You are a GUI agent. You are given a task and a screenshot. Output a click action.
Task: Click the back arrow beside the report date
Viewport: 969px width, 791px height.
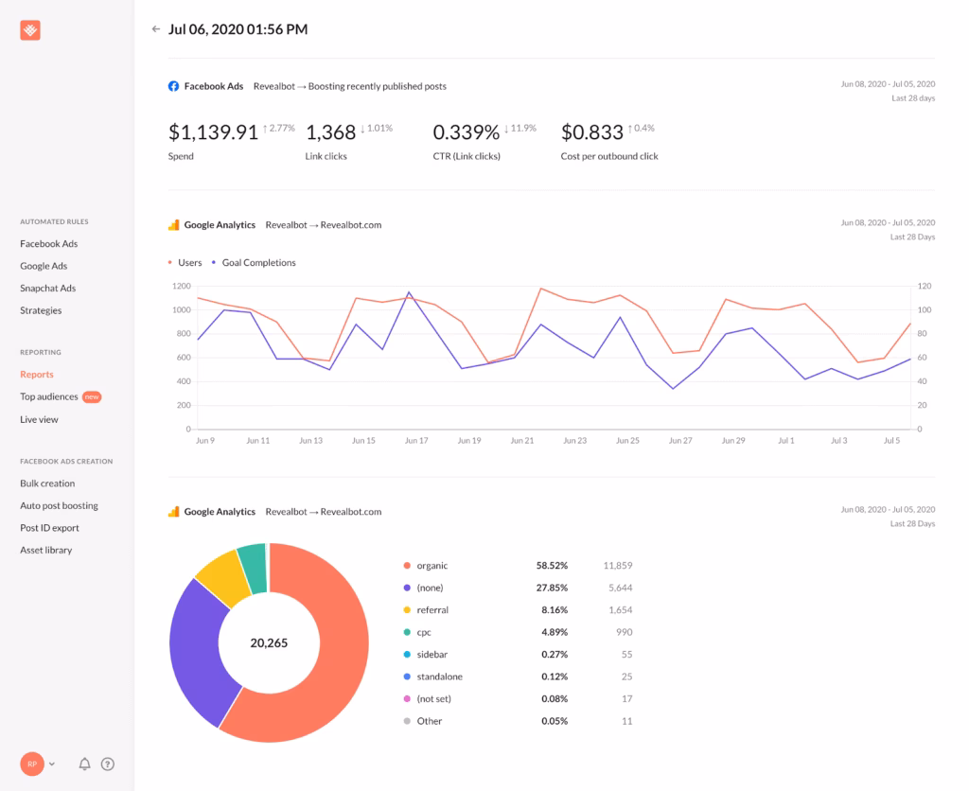pos(156,29)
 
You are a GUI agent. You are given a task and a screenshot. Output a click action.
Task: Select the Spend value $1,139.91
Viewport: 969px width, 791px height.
pos(213,132)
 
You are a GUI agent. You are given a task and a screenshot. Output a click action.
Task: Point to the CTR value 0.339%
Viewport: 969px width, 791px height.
pos(465,132)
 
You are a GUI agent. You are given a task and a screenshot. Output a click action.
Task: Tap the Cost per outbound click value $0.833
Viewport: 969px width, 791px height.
pos(592,132)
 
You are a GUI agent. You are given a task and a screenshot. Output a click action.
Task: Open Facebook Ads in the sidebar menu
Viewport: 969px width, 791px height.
pos(48,244)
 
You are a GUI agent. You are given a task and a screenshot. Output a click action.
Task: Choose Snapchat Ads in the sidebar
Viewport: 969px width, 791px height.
pos(47,289)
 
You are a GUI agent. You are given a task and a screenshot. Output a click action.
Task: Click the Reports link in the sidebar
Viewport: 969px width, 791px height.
pos(37,375)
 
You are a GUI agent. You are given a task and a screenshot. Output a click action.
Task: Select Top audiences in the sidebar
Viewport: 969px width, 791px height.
pos(49,396)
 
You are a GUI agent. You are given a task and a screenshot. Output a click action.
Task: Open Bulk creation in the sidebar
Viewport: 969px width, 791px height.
pos(47,483)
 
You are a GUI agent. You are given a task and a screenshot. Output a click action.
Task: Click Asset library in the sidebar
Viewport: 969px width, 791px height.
pos(46,551)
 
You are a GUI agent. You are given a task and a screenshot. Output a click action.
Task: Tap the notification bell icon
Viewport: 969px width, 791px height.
pos(85,764)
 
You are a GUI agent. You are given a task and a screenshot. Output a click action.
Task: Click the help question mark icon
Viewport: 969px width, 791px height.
pos(108,764)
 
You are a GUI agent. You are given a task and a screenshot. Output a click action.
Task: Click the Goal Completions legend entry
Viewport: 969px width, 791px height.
pos(258,263)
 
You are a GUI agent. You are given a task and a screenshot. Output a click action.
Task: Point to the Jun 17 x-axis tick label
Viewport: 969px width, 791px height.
pos(416,441)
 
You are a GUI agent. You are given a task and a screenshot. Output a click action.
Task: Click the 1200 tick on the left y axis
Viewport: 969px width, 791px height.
pos(182,286)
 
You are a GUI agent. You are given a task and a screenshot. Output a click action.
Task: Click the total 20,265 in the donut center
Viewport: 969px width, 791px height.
pos(269,643)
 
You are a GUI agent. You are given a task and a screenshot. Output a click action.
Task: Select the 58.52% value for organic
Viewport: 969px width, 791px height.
pos(552,566)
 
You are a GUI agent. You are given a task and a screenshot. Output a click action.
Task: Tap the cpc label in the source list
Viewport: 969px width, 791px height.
pos(425,632)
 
